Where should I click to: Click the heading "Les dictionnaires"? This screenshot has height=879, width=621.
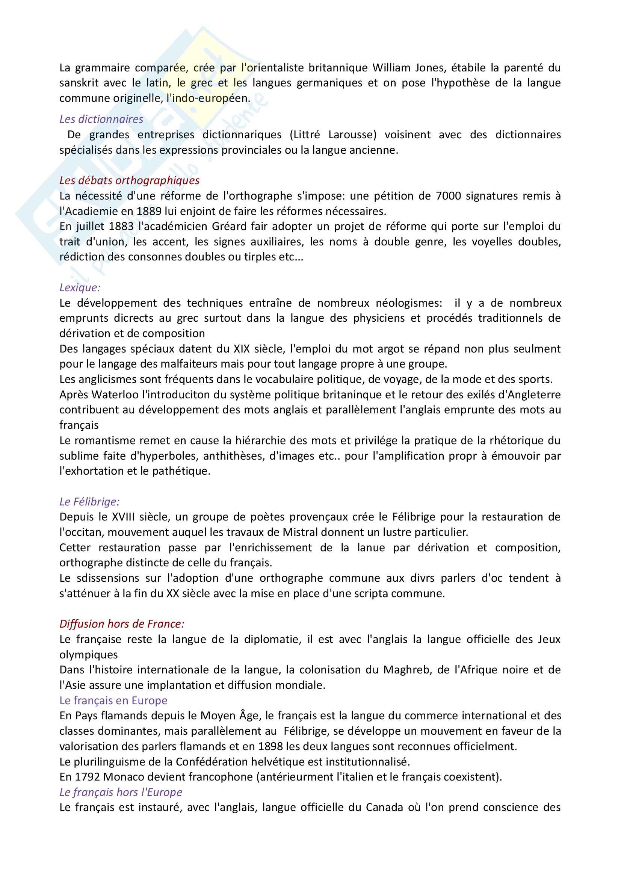tap(101, 119)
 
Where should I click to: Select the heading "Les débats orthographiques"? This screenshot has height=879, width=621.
tap(129, 180)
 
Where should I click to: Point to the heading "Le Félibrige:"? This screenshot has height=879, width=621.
tap(89, 502)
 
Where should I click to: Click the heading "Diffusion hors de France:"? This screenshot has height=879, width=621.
tap(122, 624)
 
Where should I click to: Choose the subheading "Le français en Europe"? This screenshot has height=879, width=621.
tap(113, 700)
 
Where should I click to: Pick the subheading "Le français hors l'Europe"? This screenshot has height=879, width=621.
tap(121, 792)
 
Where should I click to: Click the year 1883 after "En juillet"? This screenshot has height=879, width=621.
tap(121, 226)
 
